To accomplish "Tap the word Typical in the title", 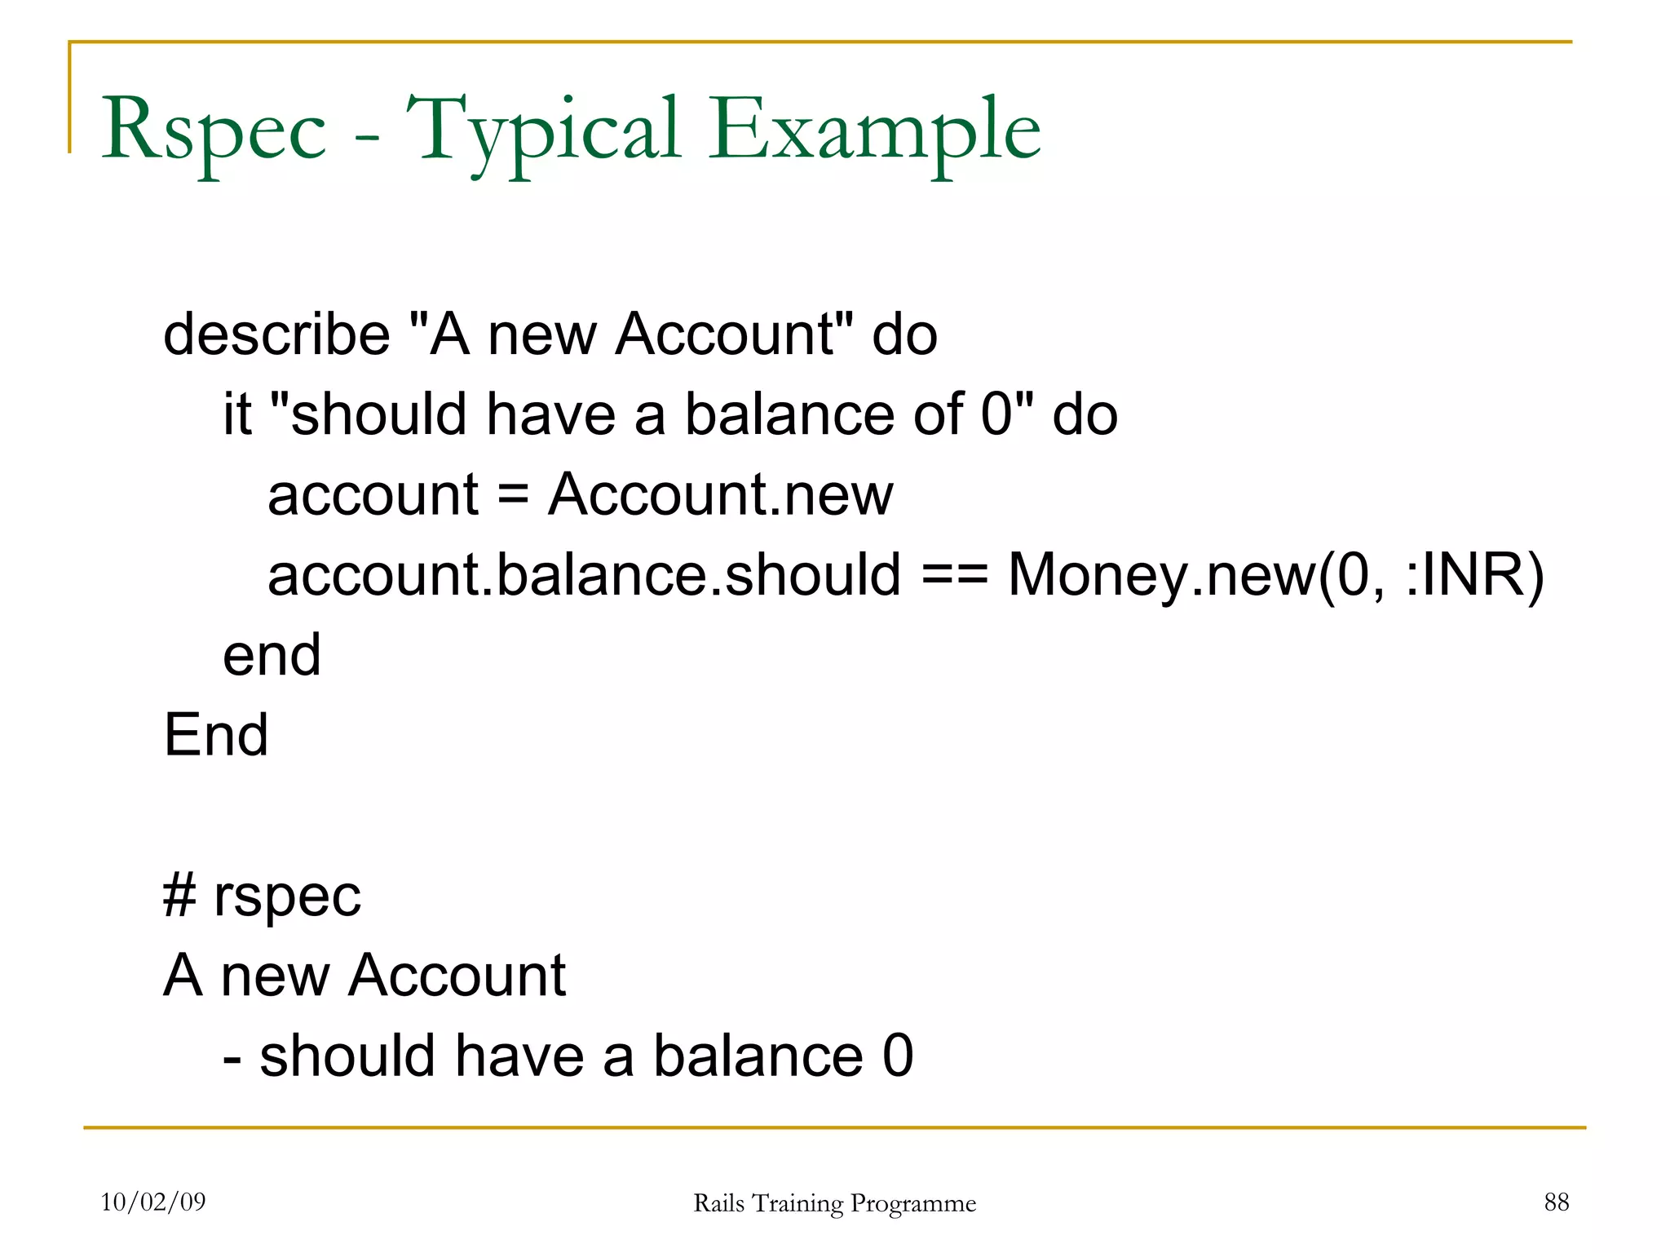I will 542,131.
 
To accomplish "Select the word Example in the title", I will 874,131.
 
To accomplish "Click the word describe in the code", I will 276,334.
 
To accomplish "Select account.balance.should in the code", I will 584,575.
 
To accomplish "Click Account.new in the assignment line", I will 721,495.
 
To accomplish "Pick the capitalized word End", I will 216,735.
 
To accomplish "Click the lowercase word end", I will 272,655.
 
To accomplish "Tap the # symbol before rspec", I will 179,896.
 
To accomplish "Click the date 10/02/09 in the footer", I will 153,1202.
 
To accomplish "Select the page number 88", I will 1556,1202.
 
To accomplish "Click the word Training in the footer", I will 797,1203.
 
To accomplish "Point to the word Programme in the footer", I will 912,1203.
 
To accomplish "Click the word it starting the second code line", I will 237,414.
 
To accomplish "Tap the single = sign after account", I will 513,495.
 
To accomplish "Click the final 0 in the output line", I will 897,1056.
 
